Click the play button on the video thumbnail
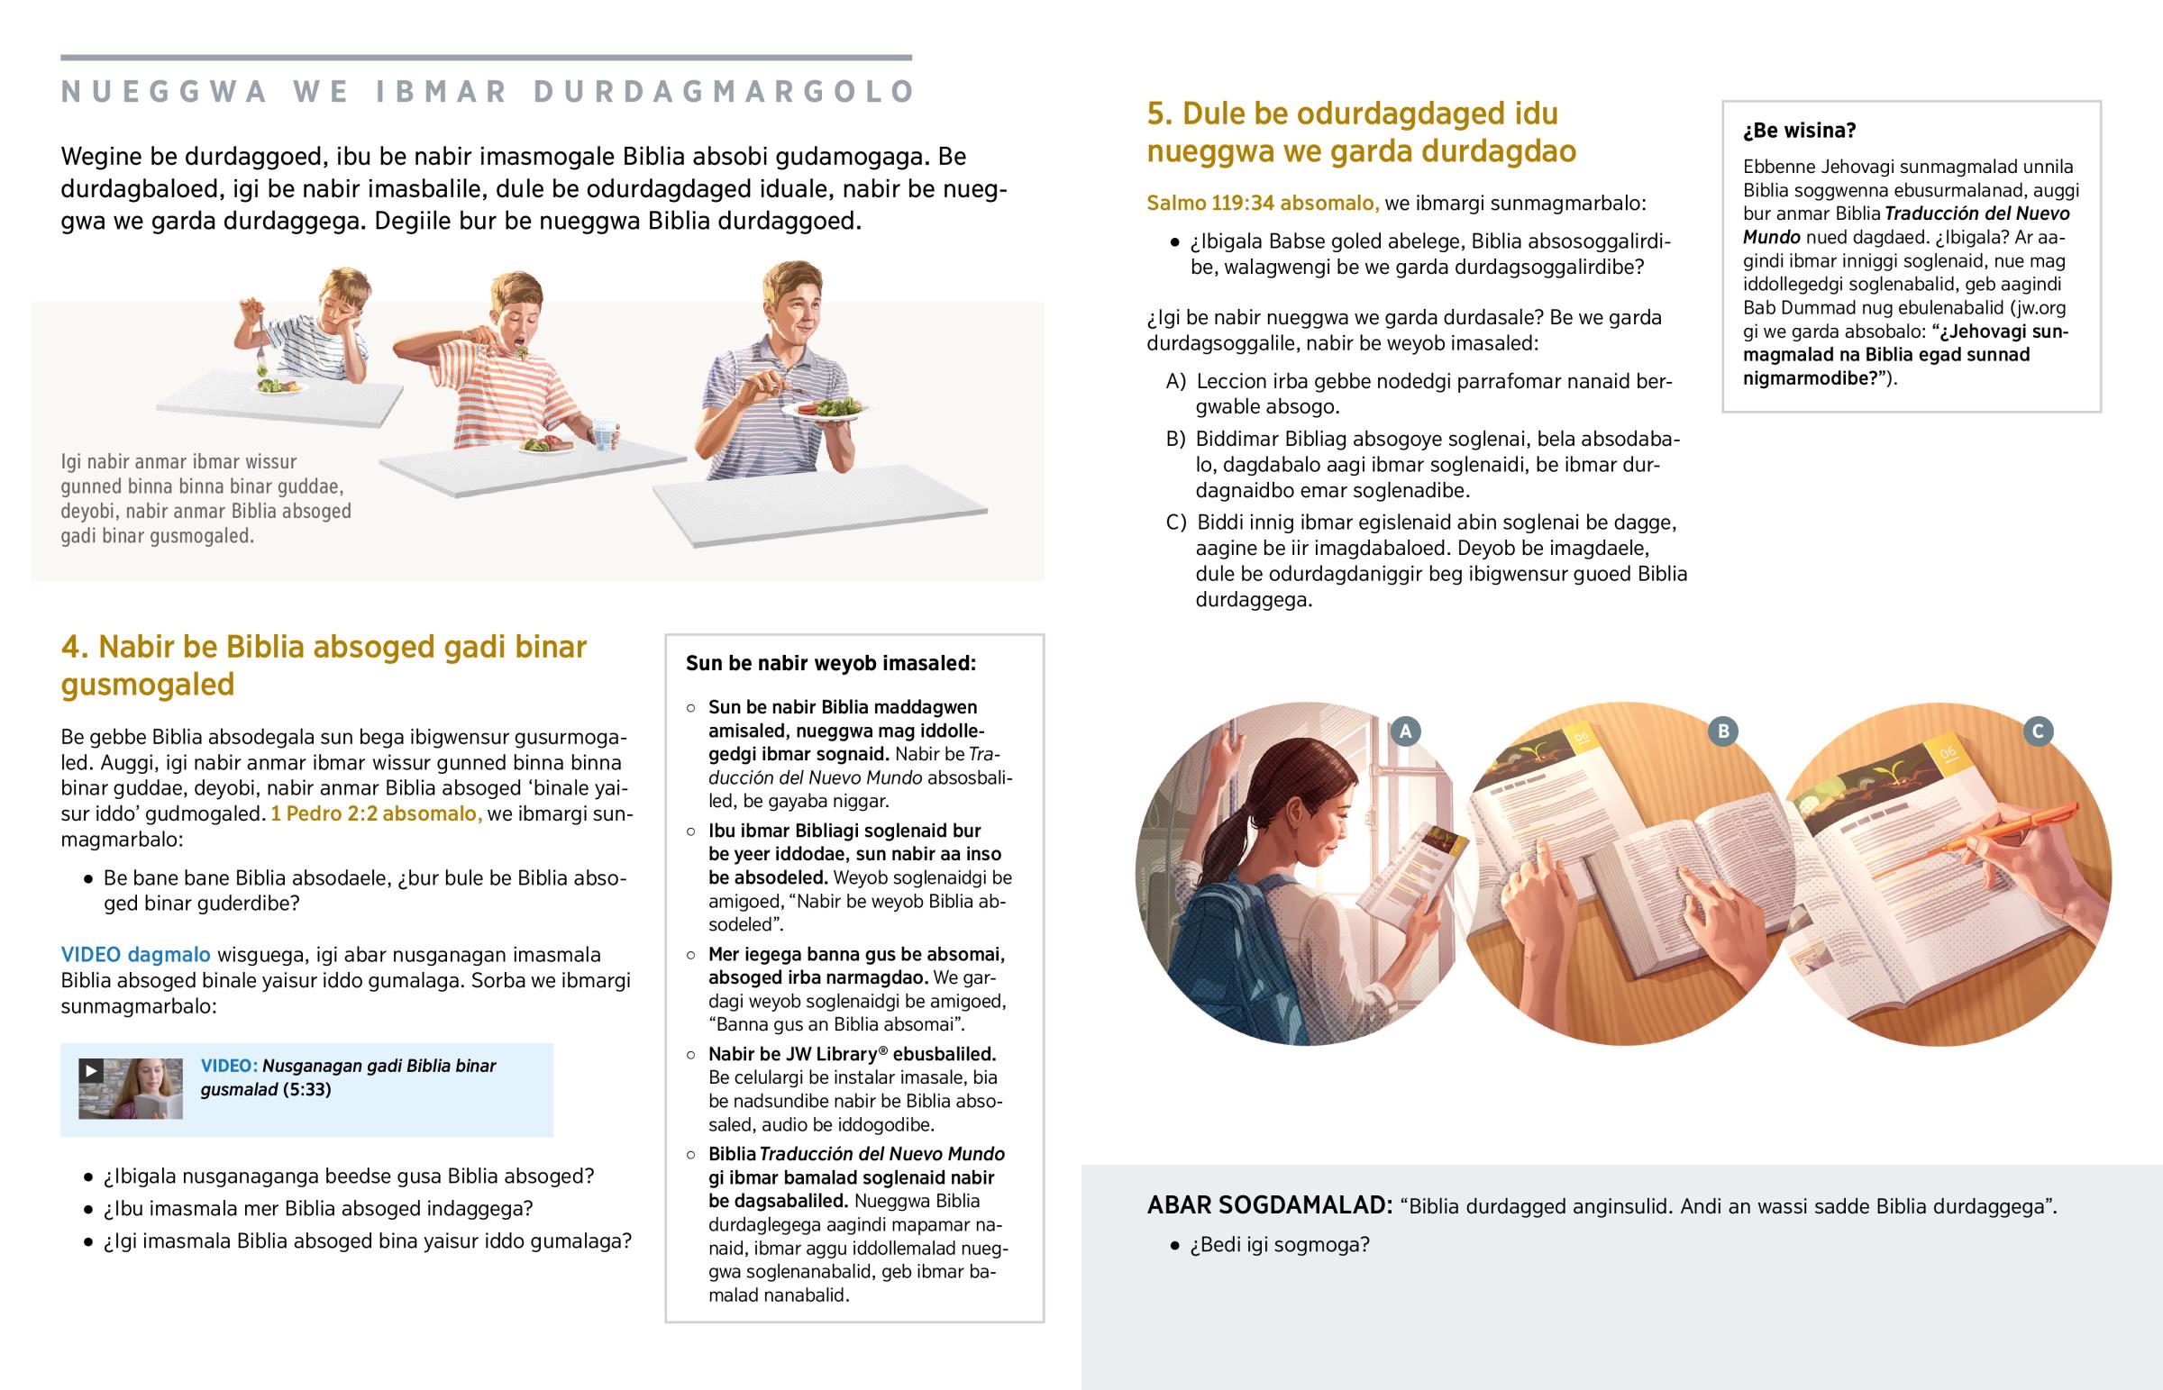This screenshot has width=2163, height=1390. (x=90, y=1070)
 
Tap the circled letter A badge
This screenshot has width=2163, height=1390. (x=1405, y=731)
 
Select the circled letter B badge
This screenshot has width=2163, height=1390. (x=1722, y=731)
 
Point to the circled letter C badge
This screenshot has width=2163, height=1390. (x=2038, y=731)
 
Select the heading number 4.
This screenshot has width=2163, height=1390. (x=71, y=647)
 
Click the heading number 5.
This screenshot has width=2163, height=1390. (x=1158, y=114)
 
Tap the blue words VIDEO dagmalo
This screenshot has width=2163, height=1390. (x=135, y=955)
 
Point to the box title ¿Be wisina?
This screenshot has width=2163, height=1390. (x=1799, y=131)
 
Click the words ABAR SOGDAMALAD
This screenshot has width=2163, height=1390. (x=1270, y=1205)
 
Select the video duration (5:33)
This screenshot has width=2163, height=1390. (x=307, y=1089)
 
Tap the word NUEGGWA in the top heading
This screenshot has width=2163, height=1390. (x=164, y=92)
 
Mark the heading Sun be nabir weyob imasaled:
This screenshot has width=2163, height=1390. (x=831, y=663)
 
